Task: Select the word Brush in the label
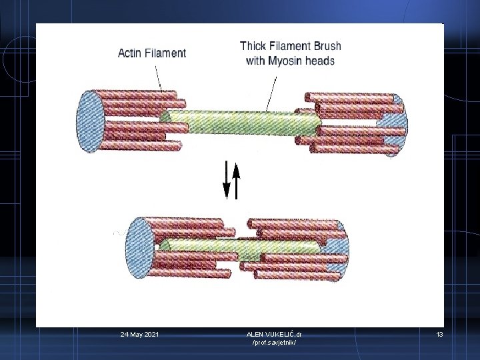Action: [x=325, y=47]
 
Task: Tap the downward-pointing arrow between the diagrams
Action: [x=227, y=181]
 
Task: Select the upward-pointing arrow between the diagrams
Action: [x=236, y=181]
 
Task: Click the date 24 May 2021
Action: [x=140, y=333]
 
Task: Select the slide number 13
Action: [x=439, y=333]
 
